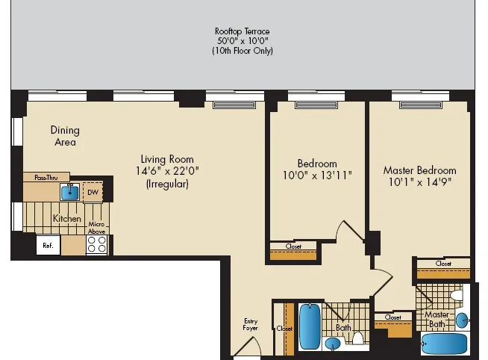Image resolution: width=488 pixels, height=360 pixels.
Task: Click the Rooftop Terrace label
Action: coord(243,31)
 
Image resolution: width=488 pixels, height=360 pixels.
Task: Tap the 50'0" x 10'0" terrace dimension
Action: coord(243,41)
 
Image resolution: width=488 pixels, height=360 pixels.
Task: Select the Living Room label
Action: coord(167,159)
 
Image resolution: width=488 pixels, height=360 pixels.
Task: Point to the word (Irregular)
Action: coord(167,183)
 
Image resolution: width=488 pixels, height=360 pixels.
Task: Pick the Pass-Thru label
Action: coord(46,177)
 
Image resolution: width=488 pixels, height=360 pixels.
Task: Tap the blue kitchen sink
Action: coord(70,192)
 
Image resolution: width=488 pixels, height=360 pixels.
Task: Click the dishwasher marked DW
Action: coord(93,192)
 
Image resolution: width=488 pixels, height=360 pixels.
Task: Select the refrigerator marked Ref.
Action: coord(47,245)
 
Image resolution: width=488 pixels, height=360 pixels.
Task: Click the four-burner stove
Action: coord(97,245)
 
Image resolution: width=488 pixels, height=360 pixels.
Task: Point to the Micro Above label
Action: coord(96,227)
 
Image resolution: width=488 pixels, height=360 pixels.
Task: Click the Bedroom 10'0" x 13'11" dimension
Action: coord(317,176)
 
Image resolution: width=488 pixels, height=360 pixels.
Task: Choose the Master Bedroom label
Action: coord(419,170)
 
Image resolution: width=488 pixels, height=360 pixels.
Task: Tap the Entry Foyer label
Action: coord(250,325)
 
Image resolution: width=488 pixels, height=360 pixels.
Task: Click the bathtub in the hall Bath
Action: coord(310,322)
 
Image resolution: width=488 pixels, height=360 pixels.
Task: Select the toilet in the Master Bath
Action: coord(457,296)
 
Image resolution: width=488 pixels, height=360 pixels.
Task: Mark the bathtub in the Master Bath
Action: coord(445,345)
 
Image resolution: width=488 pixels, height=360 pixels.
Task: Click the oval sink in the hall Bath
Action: coord(331,344)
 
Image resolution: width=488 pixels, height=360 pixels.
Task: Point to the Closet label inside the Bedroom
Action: coord(293,246)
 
